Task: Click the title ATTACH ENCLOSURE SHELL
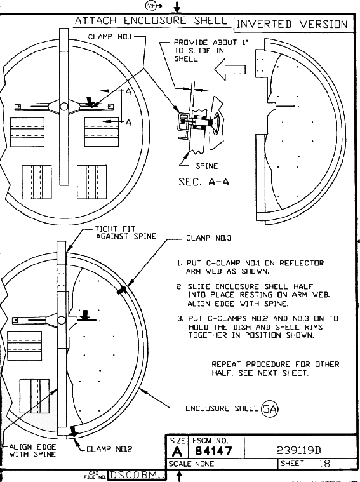click(151, 21)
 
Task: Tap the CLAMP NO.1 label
click(110, 37)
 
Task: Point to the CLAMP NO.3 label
click(209, 238)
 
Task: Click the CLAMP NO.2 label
click(109, 449)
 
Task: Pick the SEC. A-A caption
click(204, 182)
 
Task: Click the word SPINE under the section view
click(206, 166)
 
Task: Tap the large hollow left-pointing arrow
click(230, 69)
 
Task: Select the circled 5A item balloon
click(269, 409)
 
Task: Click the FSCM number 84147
click(213, 451)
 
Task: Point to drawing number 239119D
click(299, 450)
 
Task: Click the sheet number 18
click(324, 464)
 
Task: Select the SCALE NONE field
click(191, 464)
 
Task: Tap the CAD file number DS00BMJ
click(137, 475)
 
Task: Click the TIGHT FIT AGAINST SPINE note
click(126, 232)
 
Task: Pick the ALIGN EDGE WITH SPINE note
click(32, 450)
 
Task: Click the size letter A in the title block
click(177, 452)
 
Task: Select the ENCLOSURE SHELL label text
click(222, 408)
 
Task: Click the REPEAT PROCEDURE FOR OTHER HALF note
click(276, 368)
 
